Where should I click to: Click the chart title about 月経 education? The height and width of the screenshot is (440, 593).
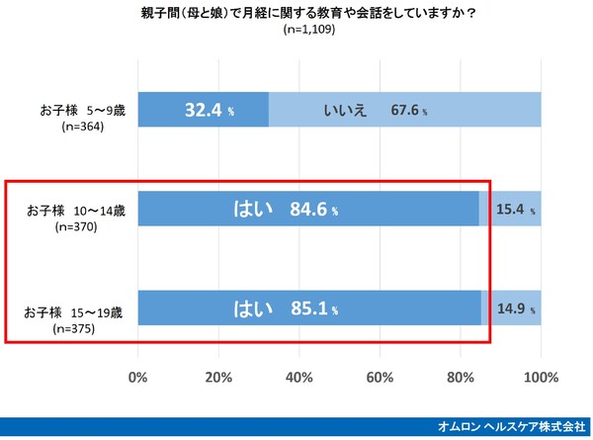[297, 13]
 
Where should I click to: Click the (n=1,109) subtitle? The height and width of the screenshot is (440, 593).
[297, 30]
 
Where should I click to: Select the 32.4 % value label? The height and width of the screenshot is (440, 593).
[210, 110]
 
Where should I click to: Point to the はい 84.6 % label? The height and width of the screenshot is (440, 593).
[286, 210]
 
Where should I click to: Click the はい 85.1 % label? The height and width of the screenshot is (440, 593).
[286, 308]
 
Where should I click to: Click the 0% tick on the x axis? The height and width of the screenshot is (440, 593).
[138, 377]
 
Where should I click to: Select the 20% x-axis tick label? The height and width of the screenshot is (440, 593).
[218, 377]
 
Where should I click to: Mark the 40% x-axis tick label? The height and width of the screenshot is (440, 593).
[299, 377]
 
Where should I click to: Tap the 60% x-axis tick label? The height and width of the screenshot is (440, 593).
[380, 377]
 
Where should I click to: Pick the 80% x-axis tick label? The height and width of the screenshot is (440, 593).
[461, 377]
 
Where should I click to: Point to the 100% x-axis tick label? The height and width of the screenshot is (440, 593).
[540, 377]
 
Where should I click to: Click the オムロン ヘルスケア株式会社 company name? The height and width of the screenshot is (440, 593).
[511, 427]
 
